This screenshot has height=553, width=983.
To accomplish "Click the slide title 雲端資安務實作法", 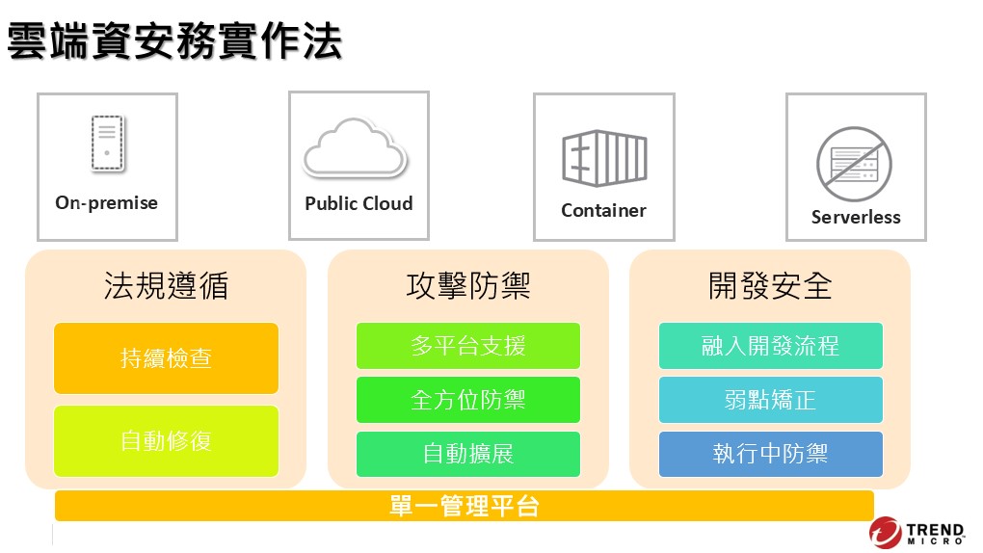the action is (x=174, y=41).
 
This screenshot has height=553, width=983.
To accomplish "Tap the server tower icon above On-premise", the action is (x=107, y=143).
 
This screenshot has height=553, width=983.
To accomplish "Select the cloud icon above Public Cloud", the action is (x=356, y=146).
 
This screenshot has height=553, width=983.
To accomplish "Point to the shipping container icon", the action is (x=604, y=158).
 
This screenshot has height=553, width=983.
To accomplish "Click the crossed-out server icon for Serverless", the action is (x=855, y=165).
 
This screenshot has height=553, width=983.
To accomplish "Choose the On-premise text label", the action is (x=107, y=203).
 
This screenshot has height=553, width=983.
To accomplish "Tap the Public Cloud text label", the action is (x=359, y=203).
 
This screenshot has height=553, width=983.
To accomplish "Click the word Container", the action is (x=603, y=210).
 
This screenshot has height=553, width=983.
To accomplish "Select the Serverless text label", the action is (x=856, y=217).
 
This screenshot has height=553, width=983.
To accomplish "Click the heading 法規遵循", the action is (x=166, y=286).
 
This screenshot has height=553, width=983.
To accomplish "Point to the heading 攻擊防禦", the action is (x=468, y=286).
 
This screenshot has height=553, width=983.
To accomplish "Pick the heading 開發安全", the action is (x=770, y=286).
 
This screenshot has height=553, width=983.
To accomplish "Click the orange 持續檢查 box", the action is (x=166, y=358).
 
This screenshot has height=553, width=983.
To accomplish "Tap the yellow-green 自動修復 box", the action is (x=166, y=441).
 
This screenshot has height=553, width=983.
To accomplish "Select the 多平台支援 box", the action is (x=468, y=346).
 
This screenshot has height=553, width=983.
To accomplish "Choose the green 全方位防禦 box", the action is (x=468, y=400).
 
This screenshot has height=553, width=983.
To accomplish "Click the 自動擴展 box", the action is (x=468, y=454).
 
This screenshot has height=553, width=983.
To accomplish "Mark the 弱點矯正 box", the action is (x=770, y=400).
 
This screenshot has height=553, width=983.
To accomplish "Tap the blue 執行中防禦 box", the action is (x=770, y=454).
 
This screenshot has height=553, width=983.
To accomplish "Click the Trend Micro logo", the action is (x=917, y=533).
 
